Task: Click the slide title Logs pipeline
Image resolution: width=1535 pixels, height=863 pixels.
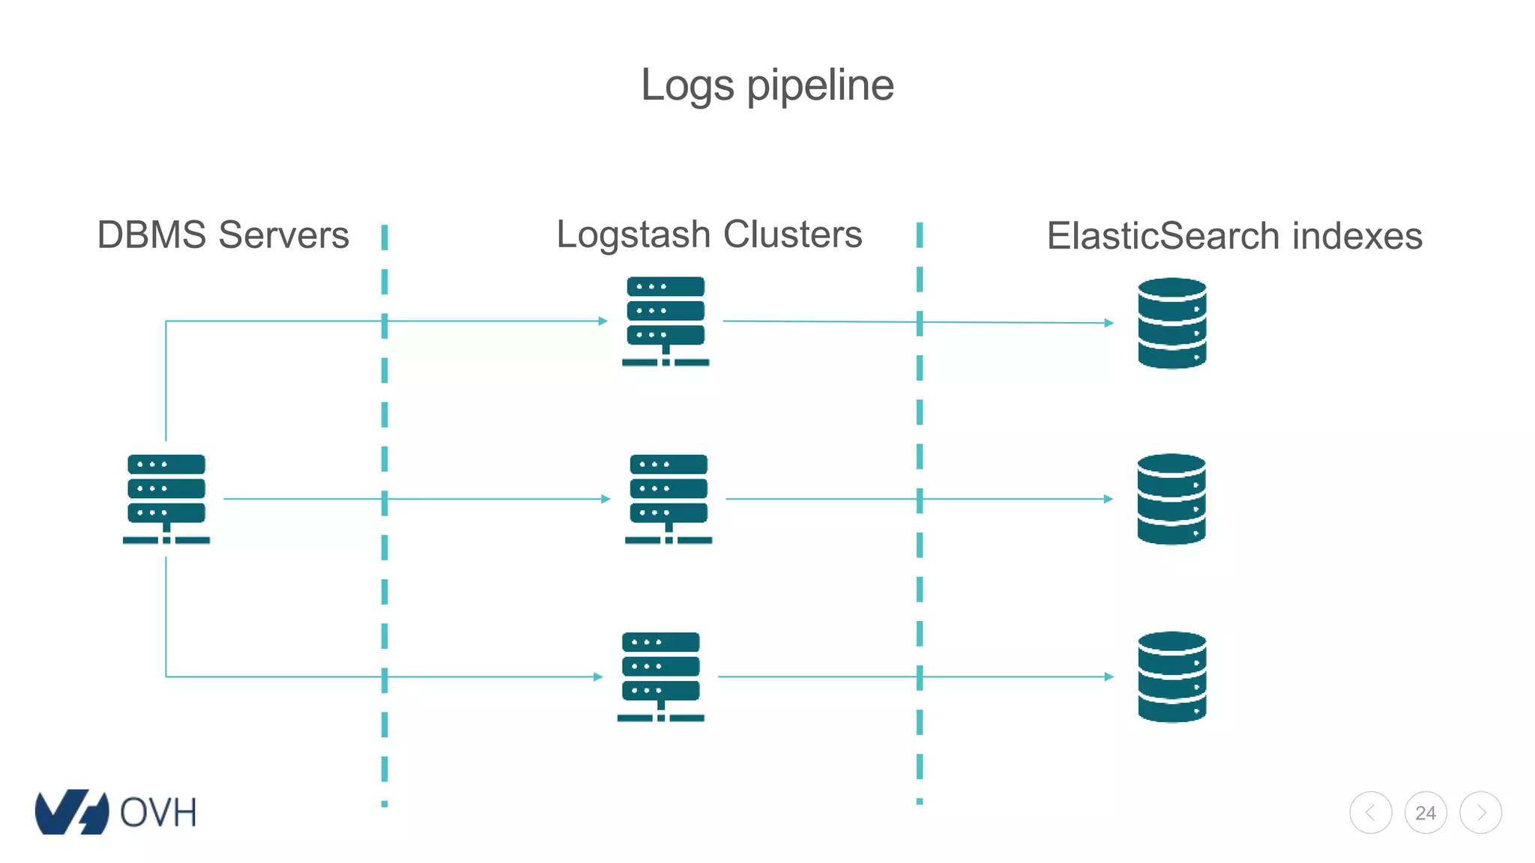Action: pos(767,85)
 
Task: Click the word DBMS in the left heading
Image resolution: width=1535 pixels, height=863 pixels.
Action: pos(151,235)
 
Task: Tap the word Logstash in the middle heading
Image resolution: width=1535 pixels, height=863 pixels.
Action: pos(633,235)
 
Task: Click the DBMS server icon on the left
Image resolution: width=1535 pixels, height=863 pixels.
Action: pos(166,498)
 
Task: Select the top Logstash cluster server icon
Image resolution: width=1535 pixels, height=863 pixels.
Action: pos(666,321)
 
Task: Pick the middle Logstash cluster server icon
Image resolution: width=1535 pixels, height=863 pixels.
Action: pos(669,498)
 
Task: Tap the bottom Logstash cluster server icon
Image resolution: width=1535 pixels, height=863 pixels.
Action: pos(660,676)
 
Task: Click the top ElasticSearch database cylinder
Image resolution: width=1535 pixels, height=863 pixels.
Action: pos(1171,323)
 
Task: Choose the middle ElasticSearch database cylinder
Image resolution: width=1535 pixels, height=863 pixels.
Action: pos(1171,499)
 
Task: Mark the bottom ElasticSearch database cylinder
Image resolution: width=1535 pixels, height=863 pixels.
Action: pos(1171,676)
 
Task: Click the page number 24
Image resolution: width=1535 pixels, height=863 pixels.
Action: pos(1426,813)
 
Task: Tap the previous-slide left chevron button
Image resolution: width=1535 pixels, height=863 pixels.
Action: pos(1371,813)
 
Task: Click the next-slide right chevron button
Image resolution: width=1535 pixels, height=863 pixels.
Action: pos(1481,813)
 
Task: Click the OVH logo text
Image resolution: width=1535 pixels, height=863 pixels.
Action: pos(157,813)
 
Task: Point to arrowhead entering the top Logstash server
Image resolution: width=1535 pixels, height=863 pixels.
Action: pos(603,321)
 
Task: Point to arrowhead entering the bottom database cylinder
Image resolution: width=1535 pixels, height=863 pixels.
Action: pos(1109,676)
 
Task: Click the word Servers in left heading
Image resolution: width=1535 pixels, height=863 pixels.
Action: pos(283,235)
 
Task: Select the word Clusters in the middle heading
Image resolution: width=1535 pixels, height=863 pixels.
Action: pos(792,235)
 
